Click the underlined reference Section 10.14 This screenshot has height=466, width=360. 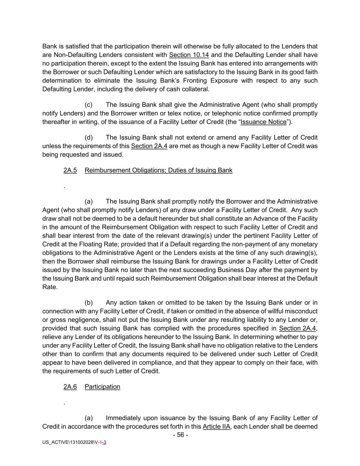click(189, 55)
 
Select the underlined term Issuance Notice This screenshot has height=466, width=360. click(263, 122)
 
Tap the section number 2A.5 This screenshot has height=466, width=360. click(70, 170)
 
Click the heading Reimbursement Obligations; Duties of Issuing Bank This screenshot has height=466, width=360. click(158, 170)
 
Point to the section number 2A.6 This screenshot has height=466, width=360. click(70, 386)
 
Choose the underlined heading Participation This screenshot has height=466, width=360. click(102, 386)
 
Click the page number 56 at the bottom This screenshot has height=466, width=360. click(181, 435)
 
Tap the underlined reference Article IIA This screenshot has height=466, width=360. click(216, 426)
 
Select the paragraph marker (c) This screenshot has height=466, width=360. click(88, 105)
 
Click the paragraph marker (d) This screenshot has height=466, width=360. click(88, 138)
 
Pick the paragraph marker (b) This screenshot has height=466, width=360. click(88, 302)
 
